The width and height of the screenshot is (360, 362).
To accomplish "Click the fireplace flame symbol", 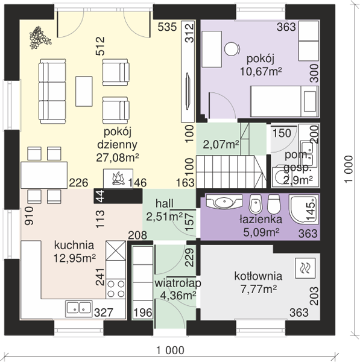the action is [118, 179].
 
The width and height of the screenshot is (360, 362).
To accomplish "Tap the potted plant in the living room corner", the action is [40, 37].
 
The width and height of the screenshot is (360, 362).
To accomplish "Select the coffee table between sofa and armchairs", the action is [84, 92].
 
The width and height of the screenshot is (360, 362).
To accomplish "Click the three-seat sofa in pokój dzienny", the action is [52, 91].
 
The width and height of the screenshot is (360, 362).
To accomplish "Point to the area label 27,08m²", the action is [118, 157].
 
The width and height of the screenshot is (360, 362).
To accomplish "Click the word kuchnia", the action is [74, 245].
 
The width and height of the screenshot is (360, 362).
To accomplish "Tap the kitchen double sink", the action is [78, 308].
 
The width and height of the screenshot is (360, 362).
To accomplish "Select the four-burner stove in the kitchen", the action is [116, 288].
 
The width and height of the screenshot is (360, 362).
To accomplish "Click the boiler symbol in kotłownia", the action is [305, 268].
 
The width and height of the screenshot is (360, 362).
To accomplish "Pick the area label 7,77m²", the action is [259, 289].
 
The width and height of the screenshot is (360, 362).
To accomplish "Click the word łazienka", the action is [261, 219].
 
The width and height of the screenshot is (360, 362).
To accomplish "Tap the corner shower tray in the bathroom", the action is [304, 209].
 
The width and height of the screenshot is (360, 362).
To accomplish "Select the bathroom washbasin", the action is [224, 202].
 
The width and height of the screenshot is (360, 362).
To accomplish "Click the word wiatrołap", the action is [178, 284].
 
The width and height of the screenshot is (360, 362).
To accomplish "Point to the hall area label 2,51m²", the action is [164, 217].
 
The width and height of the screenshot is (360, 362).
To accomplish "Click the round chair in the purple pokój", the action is [231, 49].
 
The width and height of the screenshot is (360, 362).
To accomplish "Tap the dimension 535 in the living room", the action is [167, 27].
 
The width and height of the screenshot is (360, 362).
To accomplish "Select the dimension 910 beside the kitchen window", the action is [30, 216].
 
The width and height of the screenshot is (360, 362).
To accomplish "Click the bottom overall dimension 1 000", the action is [170, 350].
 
